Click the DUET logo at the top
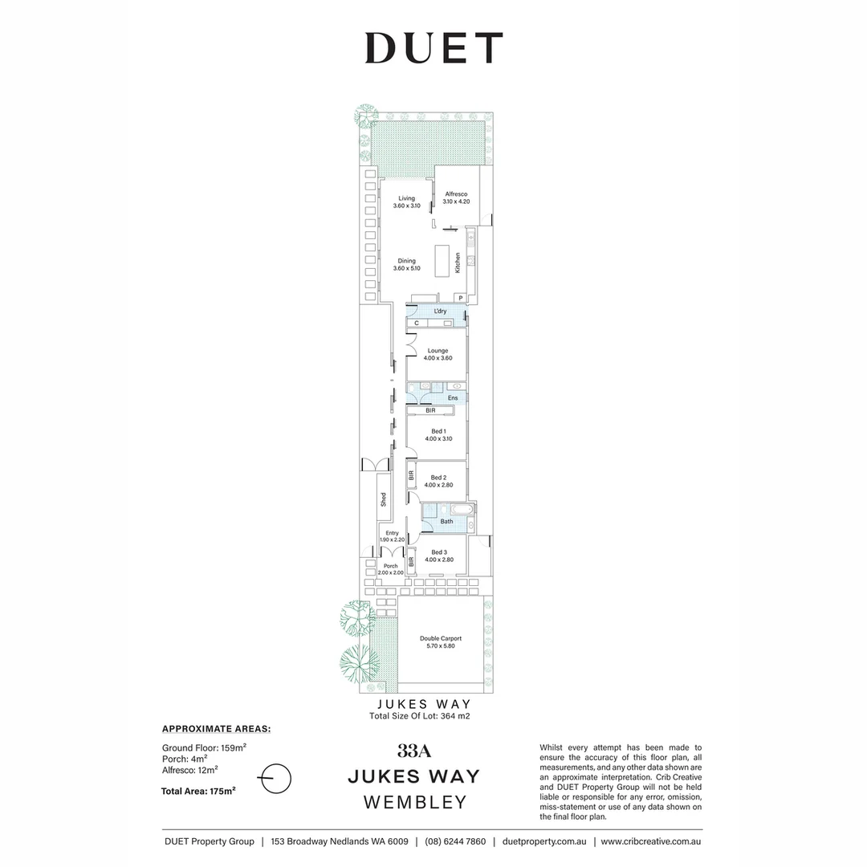(x=433, y=48)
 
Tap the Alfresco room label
(x=456, y=193)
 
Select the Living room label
(x=406, y=198)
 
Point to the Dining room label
(x=406, y=261)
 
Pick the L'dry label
(x=440, y=311)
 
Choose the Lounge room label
(x=438, y=351)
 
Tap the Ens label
(x=453, y=397)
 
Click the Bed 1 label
(x=438, y=431)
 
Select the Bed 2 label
(x=438, y=478)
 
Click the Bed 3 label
(x=438, y=552)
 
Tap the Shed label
(x=384, y=499)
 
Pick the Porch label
(x=391, y=566)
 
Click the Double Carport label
(x=441, y=639)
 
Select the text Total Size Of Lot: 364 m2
(x=419, y=716)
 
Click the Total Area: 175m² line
(x=198, y=791)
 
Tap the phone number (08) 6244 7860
(x=455, y=841)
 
